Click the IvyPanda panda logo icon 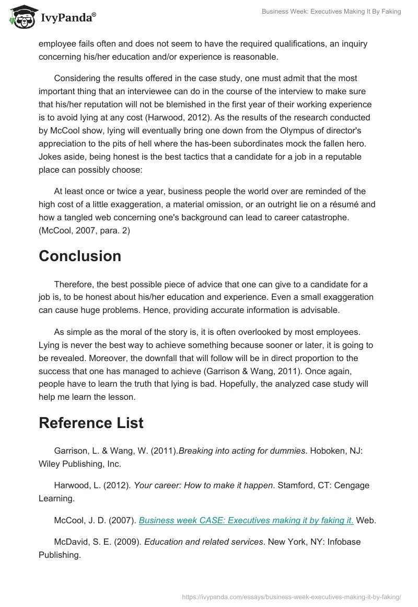tap(21, 17)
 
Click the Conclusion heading tap(80, 256)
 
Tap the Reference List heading tap(91, 423)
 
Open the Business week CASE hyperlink tap(246, 520)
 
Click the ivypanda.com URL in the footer tap(291, 596)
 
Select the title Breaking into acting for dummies tap(242, 451)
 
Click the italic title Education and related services tap(203, 542)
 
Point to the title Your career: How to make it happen tap(203, 485)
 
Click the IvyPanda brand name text tap(67, 18)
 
